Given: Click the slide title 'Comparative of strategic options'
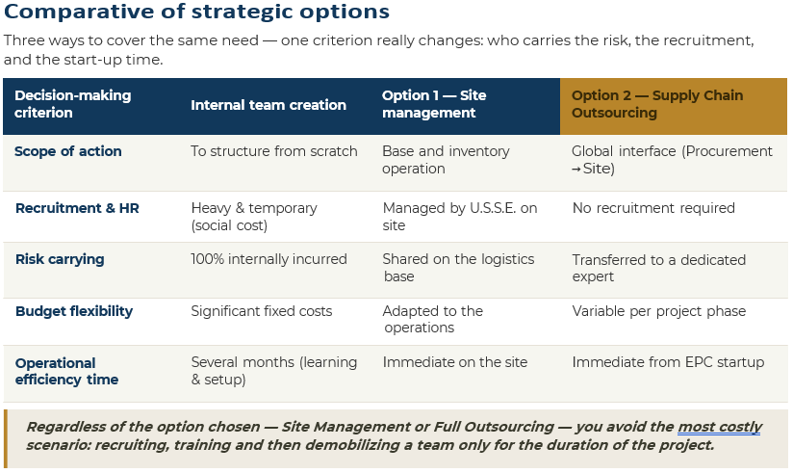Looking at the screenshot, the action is [196, 12].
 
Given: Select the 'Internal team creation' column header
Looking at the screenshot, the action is [269, 105].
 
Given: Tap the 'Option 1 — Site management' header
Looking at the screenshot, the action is [434, 104].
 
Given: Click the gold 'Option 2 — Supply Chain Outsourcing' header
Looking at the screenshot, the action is [657, 104].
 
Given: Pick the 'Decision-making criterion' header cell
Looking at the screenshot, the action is [73, 104].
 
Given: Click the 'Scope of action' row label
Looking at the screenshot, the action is [67, 151].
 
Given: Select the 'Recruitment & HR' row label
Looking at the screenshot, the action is [77, 208].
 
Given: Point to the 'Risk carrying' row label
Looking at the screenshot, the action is [60, 259].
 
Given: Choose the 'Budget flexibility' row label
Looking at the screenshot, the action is [74, 311].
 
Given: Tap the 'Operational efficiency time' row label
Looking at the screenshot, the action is [66, 371].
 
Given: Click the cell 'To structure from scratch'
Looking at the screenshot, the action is [274, 151].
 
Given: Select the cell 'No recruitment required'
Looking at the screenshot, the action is [653, 208].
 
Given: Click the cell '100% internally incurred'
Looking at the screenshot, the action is [269, 259].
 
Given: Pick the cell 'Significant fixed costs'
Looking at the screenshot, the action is [262, 311].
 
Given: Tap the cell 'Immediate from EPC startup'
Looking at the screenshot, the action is [668, 362].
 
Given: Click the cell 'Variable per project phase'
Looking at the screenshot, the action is [659, 311].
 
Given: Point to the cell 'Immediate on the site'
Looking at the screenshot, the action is [454, 362].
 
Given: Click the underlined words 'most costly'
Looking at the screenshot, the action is [719, 427].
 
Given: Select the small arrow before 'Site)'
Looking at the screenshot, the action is [576, 170].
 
